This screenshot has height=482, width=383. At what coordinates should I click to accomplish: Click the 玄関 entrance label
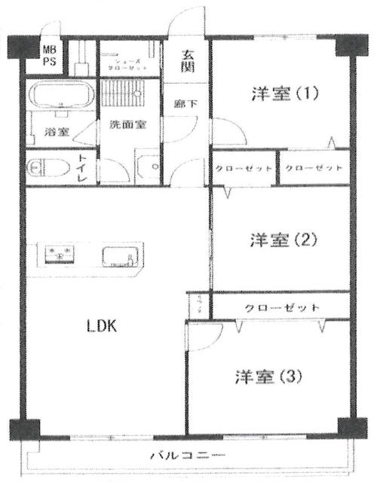(188, 61)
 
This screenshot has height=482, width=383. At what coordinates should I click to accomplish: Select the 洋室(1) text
(285, 94)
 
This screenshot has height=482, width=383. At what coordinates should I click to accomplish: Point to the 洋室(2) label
(285, 240)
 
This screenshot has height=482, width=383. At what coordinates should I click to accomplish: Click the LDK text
(100, 326)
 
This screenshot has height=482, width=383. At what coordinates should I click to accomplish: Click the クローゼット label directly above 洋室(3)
(282, 308)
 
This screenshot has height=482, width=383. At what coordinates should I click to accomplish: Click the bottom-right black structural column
(349, 427)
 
